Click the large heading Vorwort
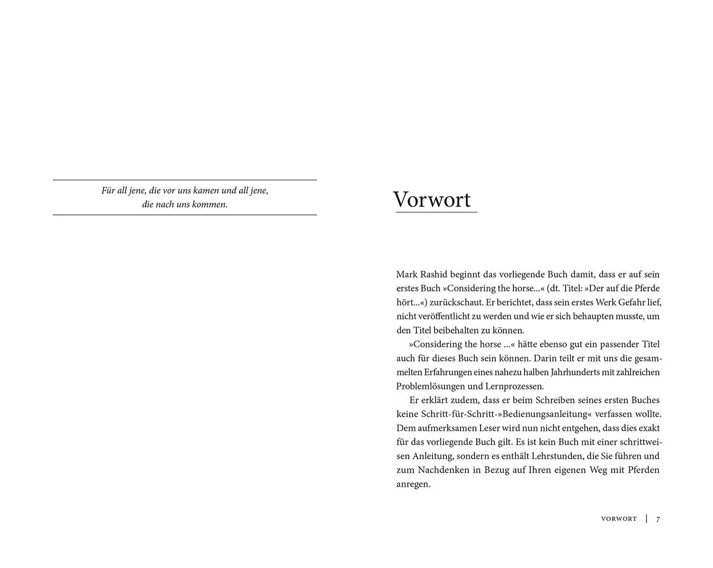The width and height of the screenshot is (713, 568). (x=432, y=200)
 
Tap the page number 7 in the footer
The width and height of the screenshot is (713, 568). (x=658, y=519)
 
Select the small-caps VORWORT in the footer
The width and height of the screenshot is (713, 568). (x=619, y=519)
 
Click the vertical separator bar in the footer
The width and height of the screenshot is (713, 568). (x=646, y=519)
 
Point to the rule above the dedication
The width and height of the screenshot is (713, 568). (x=184, y=180)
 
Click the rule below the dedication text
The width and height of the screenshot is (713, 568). (x=184, y=215)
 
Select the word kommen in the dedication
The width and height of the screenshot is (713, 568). (x=211, y=205)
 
